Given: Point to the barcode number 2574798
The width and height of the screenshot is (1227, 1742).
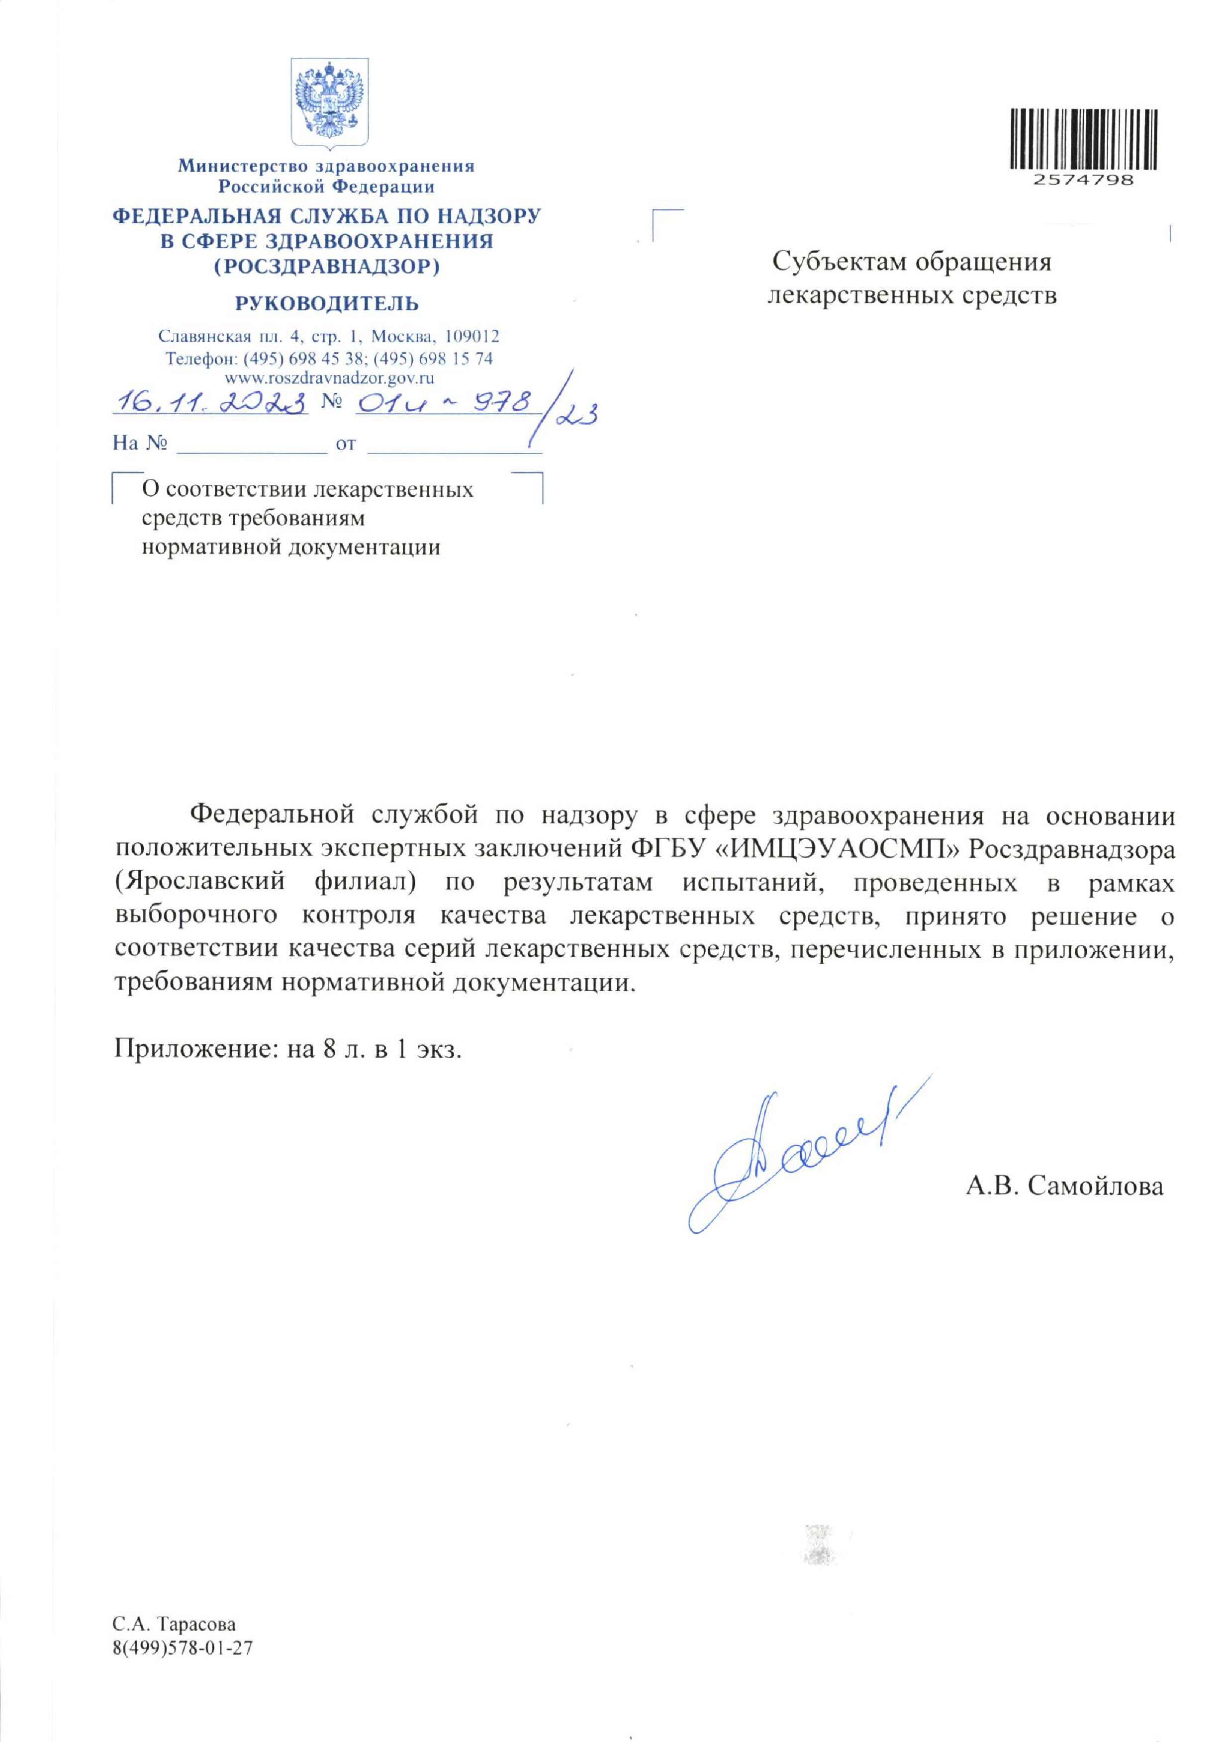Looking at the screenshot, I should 1083,181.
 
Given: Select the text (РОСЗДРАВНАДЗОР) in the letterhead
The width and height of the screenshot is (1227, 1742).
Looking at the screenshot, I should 326,267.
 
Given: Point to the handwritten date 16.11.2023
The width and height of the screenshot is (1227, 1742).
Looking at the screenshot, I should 209,402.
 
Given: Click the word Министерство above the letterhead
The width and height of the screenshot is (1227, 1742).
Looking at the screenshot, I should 243,166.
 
